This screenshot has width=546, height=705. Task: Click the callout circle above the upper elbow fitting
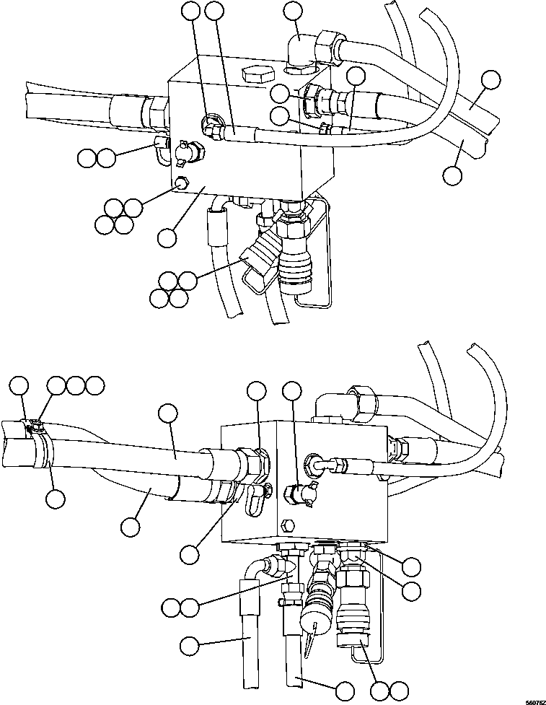tap(293, 11)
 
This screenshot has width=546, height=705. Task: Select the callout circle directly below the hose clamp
tap(56, 497)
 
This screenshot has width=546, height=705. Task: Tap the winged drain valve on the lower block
tap(300, 493)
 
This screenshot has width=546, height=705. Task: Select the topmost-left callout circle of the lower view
tap(20, 385)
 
